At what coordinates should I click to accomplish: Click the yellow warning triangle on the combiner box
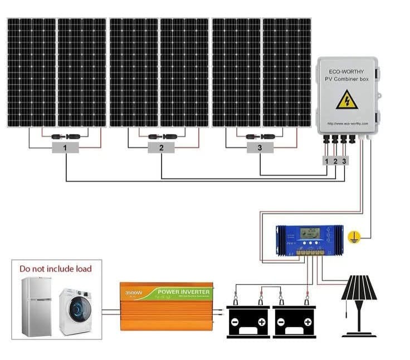(346, 100)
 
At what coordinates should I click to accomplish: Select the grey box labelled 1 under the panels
(65, 147)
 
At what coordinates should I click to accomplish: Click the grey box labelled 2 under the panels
(161, 147)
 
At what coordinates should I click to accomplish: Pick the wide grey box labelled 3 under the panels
(260, 147)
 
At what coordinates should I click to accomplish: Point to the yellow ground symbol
(353, 237)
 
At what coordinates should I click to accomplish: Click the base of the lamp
(359, 334)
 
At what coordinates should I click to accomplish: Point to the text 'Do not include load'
(56, 269)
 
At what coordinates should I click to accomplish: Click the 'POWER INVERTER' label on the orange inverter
(184, 292)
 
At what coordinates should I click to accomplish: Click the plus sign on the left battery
(261, 322)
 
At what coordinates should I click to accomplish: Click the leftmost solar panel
(31, 72)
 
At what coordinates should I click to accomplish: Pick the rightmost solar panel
(286, 72)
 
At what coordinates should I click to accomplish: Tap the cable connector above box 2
(161, 135)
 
